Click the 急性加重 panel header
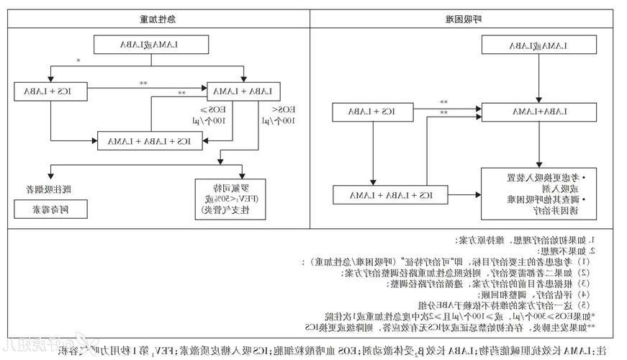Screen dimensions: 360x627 click(158, 17)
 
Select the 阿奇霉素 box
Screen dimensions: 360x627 click(50, 210)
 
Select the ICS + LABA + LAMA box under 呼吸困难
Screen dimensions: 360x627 click(394, 194)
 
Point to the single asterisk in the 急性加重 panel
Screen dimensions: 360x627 click(78, 61)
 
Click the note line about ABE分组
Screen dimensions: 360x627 click(403, 305)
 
